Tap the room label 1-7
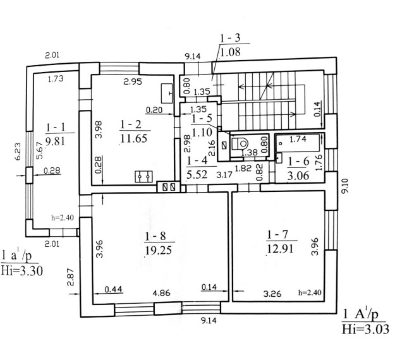coord(277,234)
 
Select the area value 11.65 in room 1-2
coord(134,138)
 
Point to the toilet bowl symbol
coord(240,144)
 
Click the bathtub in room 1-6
coord(298,143)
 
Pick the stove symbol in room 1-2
coord(144,176)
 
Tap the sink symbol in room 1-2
coord(167,93)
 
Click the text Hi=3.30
coord(21,271)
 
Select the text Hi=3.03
coord(365,329)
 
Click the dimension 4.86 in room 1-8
coord(162,293)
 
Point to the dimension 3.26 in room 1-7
coord(272,294)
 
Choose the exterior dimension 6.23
coord(18,152)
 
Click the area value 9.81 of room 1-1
coord(56,141)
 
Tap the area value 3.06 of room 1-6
coord(298,175)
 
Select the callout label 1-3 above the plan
coord(230,38)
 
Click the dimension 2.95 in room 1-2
coord(133,81)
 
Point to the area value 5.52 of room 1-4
coord(197,174)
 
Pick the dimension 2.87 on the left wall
coord(71,277)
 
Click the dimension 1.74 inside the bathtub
coord(298,139)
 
